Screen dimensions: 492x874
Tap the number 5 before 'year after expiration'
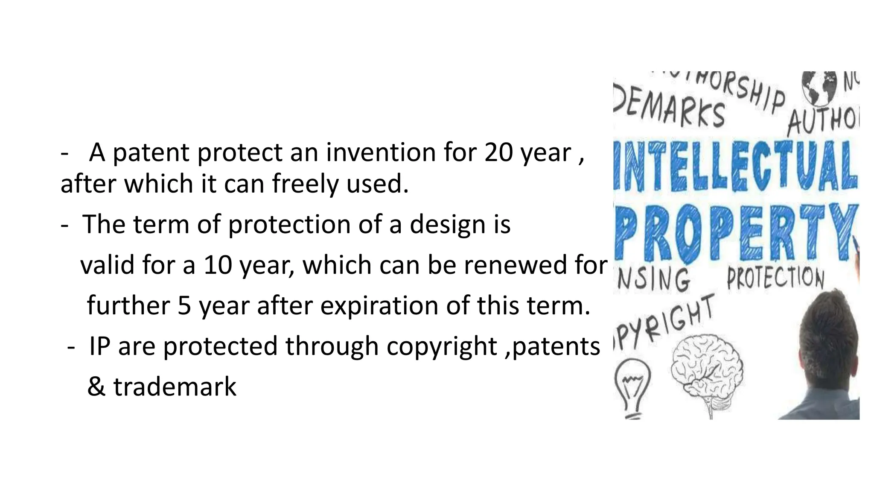184,305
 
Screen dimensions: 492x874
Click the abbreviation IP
99,346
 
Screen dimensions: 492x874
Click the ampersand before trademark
96,386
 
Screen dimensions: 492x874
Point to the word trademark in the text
175,386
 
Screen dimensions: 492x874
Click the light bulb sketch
632,387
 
